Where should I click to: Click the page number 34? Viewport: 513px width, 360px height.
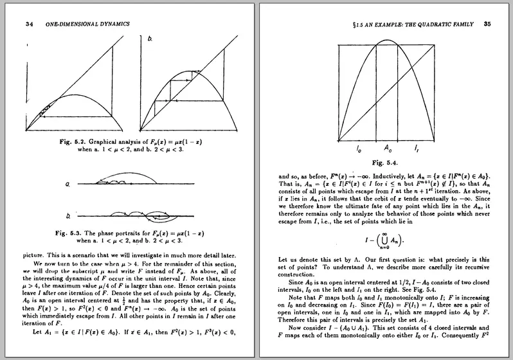[x=29, y=24]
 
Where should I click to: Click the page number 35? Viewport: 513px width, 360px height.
[x=487, y=24]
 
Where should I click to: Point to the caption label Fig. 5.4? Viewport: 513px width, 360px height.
[x=385, y=163]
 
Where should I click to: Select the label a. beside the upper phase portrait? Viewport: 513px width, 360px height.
[x=67, y=185]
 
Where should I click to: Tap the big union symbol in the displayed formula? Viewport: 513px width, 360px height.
[x=383, y=243]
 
